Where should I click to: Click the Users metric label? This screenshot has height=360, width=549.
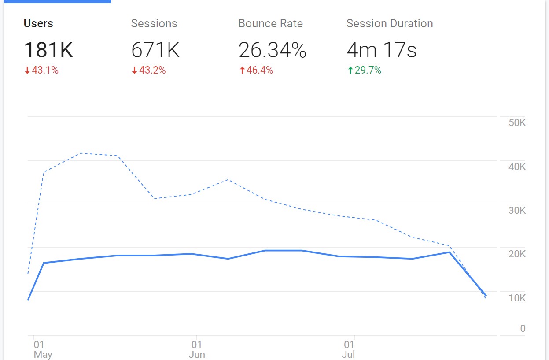tap(38, 24)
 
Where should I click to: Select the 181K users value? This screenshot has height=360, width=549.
tap(48, 50)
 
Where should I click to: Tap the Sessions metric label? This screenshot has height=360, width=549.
tap(154, 24)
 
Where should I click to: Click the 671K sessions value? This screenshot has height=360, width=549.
tap(155, 50)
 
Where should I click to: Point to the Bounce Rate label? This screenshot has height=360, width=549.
tap(270, 24)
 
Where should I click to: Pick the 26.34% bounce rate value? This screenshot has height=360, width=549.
tap(272, 50)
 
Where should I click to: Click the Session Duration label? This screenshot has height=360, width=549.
tap(390, 24)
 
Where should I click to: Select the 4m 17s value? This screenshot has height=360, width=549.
tap(381, 50)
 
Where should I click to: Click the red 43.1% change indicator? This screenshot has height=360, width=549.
tap(41, 70)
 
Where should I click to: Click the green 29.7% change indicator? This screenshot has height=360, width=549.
tap(364, 70)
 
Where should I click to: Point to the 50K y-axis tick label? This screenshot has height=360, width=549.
tap(517, 123)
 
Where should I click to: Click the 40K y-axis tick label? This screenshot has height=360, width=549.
tap(517, 167)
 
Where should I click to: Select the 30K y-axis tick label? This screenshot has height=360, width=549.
tap(517, 210)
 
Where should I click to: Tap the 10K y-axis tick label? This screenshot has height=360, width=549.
tap(517, 298)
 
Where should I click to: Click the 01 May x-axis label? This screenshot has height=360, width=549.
tap(42, 349)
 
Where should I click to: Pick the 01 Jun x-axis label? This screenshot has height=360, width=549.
tap(196, 349)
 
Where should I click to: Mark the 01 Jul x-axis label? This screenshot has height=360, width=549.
tap(349, 349)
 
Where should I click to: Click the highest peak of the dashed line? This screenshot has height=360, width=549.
tap(80, 153)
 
